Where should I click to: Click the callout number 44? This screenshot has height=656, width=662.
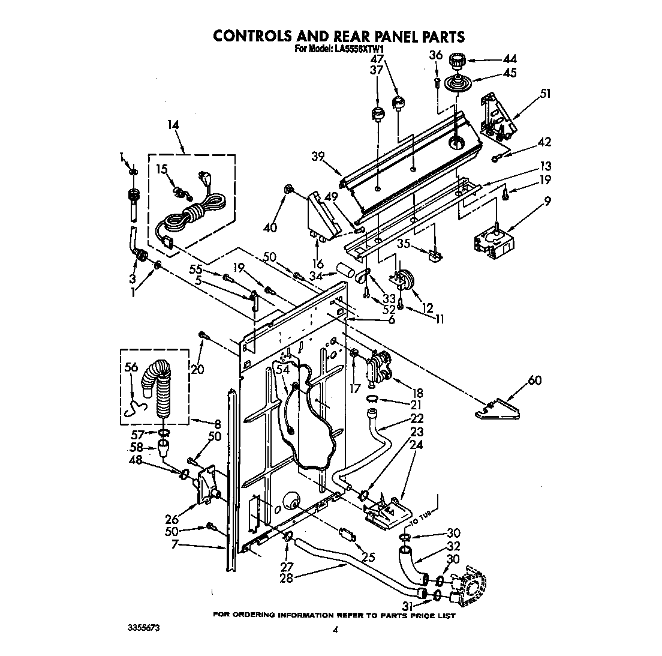510,59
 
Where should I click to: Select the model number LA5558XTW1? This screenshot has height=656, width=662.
358,50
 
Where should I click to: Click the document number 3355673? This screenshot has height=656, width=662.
143,628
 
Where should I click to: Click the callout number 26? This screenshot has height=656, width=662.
172,519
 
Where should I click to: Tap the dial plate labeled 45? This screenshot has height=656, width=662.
457,82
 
